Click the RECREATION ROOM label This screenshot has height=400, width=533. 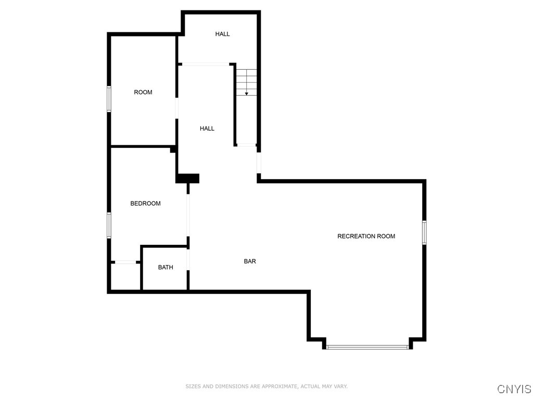366,236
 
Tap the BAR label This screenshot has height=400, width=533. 250,261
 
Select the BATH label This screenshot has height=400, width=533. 166,268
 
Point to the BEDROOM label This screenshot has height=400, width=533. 145,204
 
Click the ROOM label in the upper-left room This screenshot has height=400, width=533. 143,92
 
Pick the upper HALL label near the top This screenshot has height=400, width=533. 222,34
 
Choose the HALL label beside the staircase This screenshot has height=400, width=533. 207,129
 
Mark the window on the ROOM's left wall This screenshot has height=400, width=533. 109,99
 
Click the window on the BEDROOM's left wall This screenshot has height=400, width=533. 109,225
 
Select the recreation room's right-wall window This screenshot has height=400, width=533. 424,232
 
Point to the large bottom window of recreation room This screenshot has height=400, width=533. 367,346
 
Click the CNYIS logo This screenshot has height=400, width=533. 514,389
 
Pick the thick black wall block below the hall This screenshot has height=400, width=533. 187,178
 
